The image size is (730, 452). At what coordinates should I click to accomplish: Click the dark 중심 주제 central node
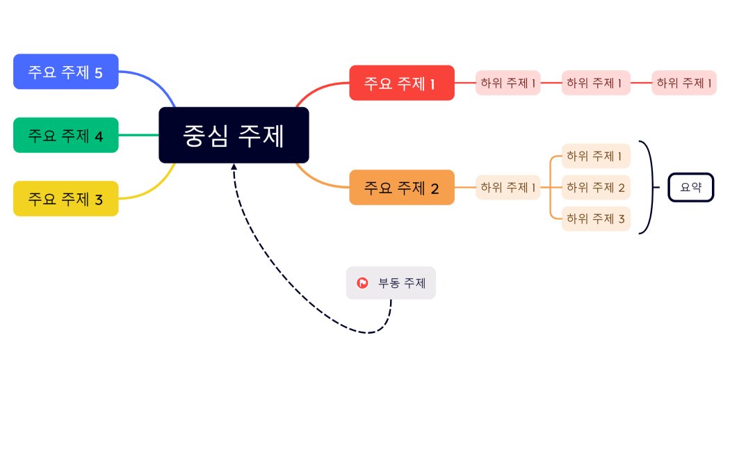pos(234,135)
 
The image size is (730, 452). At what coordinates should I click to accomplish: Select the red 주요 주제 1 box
pos(401,83)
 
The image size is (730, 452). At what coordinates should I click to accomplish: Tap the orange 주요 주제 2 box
pos(401,187)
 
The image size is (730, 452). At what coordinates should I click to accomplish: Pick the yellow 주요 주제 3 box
pos(65,199)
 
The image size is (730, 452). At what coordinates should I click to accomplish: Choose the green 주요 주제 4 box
pos(65,135)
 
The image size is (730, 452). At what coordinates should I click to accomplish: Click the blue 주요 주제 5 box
pos(65,72)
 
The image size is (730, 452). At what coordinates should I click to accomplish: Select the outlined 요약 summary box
pos(690,187)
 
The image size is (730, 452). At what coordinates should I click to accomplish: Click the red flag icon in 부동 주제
pos(362,283)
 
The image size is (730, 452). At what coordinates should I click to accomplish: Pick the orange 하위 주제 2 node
pos(596,187)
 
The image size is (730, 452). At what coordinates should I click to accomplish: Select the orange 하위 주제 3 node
pos(596,218)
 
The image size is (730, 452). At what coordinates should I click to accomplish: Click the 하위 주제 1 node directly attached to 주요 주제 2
pos(508,187)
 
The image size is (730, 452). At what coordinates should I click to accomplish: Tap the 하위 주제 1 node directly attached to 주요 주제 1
pos(508,83)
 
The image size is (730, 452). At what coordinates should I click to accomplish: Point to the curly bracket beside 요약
pos(649,187)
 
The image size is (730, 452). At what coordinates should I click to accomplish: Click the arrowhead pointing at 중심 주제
pos(234,167)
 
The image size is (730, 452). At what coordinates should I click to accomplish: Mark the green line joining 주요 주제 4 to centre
pos(138,135)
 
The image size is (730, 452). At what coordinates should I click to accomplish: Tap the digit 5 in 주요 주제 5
pos(98,72)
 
